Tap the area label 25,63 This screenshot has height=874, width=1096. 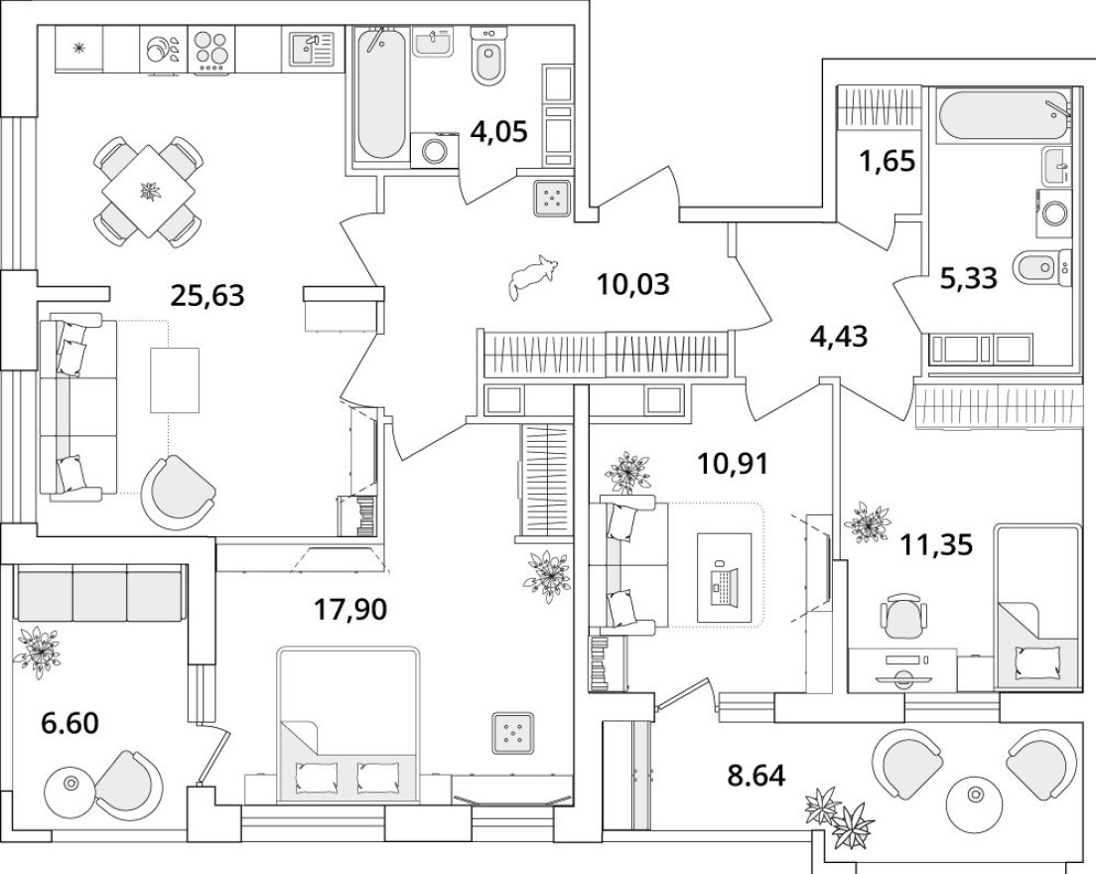[207, 295]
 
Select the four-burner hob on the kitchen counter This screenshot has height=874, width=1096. [210, 49]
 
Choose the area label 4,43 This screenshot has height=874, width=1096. [839, 337]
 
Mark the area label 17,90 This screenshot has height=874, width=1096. [349, 608]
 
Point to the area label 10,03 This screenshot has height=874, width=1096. [633, 285]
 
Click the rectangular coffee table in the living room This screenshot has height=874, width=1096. [175, 380]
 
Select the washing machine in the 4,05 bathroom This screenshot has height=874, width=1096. [435, 150]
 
